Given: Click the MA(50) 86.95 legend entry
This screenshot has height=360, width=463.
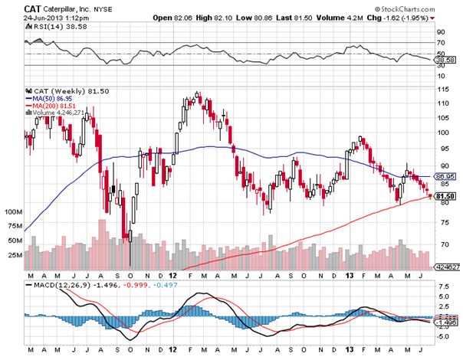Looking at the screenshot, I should click(x=54, y=99).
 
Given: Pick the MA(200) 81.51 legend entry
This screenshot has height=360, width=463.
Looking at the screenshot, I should click(x=57, y=106).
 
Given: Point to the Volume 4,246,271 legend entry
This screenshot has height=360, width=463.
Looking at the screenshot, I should click(x=60, y=113).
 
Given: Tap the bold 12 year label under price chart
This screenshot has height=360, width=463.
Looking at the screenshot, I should click(x=173, y=273).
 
